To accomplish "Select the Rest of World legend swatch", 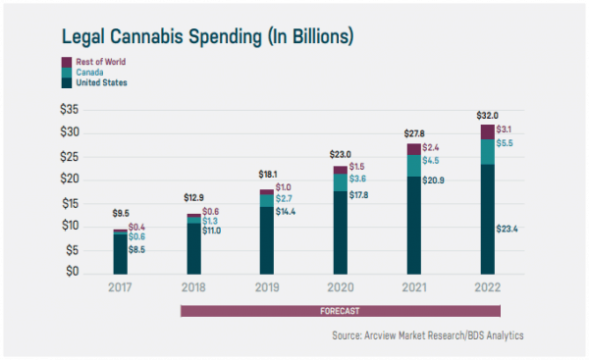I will (x=68, y=62).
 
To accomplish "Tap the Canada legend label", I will (x=91, y=73).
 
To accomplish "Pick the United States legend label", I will (x=101, y=83).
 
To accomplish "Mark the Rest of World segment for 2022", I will (x=487, y=131).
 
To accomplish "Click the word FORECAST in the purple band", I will (x=340, y=311).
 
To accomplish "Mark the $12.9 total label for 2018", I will (x=193, y=199).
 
